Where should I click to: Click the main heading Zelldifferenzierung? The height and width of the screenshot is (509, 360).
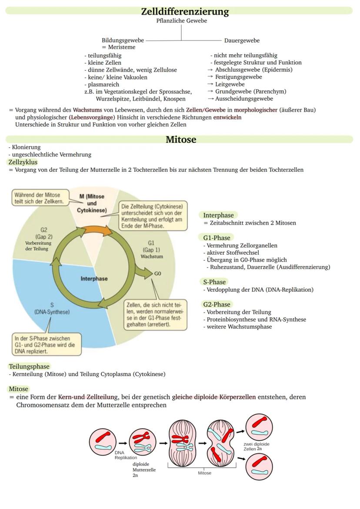[185, 11]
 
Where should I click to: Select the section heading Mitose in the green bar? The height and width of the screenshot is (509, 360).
[181, 140]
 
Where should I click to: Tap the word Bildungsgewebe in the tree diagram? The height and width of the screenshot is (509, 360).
[123, 40]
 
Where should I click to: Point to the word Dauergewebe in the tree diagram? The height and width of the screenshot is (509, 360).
[242, 40]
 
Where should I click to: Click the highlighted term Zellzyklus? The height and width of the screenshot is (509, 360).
[23, 162]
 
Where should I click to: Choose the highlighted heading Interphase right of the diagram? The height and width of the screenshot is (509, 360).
[218, 215]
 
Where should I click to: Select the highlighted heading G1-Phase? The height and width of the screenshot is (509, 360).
[217, 238]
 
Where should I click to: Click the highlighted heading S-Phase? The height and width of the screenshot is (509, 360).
[214, 282]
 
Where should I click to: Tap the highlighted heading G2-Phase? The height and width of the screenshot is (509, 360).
[217, 304]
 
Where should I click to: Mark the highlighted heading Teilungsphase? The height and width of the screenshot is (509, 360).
[29, 366]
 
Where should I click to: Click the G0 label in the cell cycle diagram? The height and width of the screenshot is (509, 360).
[157, 274]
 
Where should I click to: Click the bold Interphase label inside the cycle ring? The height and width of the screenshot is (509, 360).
[94, 279]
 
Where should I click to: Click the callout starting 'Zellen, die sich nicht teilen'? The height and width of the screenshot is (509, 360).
[156, 313]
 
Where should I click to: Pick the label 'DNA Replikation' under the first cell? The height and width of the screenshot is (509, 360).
[126, 455]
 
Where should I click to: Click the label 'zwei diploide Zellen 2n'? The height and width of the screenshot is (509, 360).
[256, 446]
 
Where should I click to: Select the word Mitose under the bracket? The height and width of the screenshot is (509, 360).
[204, 473]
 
